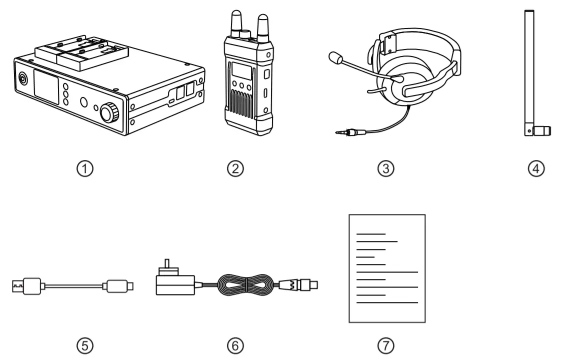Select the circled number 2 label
point(235,168)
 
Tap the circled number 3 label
point(385,168)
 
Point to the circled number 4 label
point(535,168)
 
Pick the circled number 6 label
point(235,344)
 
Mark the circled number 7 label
point(385,344)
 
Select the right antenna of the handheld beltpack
point(262,25)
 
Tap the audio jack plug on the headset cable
point(348,133)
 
